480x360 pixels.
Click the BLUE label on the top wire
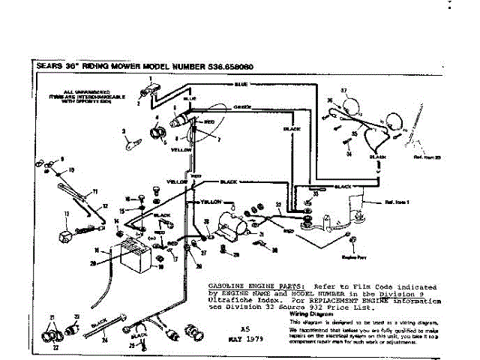click(x=241, y=85)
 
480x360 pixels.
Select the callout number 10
click(x=72, y=170)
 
